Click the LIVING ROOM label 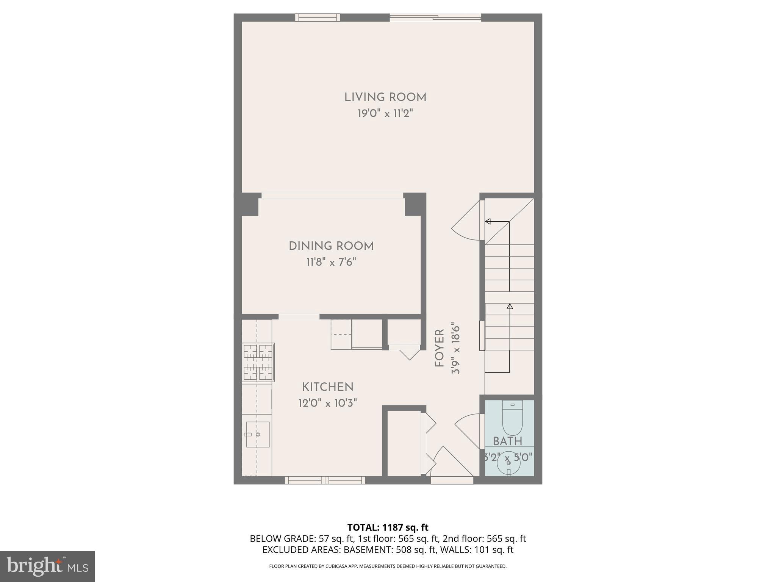[385, 97]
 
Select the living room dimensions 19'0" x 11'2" [385, 113]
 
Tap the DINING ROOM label [331, 246]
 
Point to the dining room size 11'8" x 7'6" [331, 262]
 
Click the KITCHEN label [328, 387]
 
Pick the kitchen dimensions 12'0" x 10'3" [328, 403]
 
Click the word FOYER [440, 348]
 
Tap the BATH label [508, 441]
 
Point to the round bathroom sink [508, 463]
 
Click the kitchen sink [258, 434]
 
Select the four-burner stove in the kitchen [258, 363]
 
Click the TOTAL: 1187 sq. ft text [388, 527]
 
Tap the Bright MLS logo [47, 566]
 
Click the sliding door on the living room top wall [435, 17]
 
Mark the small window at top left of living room [318, 17]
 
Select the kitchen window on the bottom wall [325, 480]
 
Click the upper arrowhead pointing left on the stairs [488, 222]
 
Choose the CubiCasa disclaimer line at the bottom [388, 566]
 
